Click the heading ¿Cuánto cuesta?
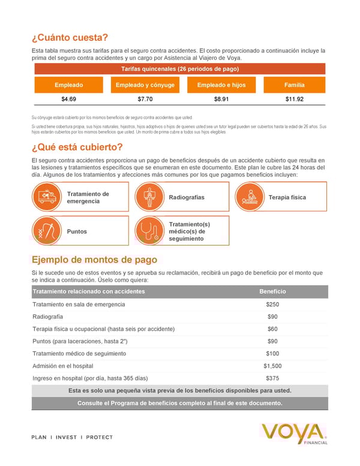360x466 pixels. [70, 37]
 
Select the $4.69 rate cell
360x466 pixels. [69, 99]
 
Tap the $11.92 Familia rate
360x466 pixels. [294, 99]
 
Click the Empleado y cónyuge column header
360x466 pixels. [145, 85]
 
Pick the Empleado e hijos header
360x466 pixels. [221, 85]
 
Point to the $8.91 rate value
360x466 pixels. [221, 99]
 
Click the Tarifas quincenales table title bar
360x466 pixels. [180, 69]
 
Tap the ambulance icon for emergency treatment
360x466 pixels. [47, 198]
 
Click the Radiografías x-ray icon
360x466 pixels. [147, 198]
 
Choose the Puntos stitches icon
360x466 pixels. [47, 231]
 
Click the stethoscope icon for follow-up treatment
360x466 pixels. [147, 231]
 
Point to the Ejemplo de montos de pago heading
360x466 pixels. [94, 259]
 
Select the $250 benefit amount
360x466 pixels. [272, 304]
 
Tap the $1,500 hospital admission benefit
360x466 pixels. [272, 366]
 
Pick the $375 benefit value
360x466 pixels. [272, 378]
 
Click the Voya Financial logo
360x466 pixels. [294, 434]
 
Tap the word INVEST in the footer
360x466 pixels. [66, 437]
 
